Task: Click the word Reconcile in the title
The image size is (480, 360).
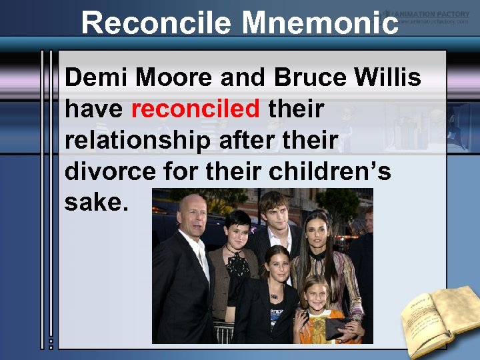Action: click(157, 23)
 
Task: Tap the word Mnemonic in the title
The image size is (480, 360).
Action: click(320, 23)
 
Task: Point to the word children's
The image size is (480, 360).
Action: click(330, 171)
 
